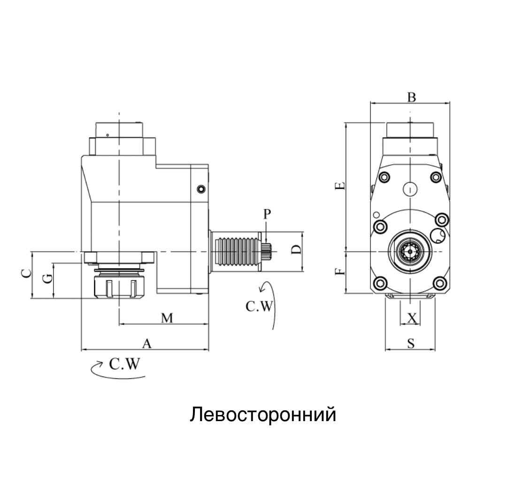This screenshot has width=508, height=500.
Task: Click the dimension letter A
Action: click(147, 344)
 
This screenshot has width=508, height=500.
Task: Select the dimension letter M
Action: click(167, 318)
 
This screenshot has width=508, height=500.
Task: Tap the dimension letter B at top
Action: click(411, 97)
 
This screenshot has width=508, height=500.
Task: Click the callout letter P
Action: click(267, 215)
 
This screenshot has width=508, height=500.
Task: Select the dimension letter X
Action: click(412, 318)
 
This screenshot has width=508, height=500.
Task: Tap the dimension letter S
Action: click(411, 344)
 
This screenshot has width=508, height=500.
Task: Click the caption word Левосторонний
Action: click(263, 415)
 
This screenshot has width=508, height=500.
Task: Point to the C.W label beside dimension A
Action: click(124, 364)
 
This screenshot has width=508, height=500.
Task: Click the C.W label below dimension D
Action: click(259, 306)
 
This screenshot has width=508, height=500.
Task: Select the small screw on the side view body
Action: click(201, 189)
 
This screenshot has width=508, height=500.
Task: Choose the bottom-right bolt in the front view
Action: click(439, 283)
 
